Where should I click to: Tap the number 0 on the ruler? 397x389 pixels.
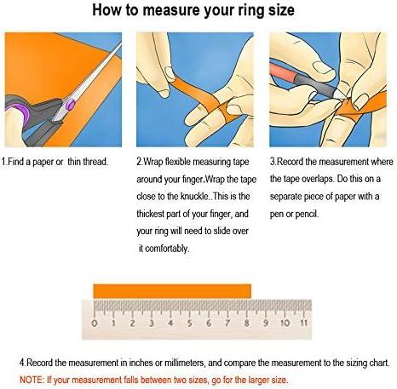pyautogui.click(x=92, y=323)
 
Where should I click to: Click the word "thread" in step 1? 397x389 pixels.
pyautogui.click(x=90, y=162)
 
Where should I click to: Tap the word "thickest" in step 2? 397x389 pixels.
pyautogui.click(x=155, y=214)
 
